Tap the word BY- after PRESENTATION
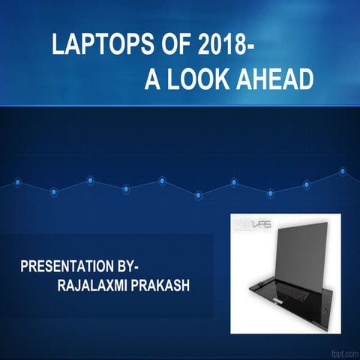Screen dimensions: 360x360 click(x=134, y=266)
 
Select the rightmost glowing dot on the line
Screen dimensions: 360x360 click(x=342, y=172)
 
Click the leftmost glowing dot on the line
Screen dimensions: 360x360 click(x=17, y=182)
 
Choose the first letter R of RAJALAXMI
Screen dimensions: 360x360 click(x=61, y=286)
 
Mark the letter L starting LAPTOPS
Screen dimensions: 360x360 click(x=57, y=45)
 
